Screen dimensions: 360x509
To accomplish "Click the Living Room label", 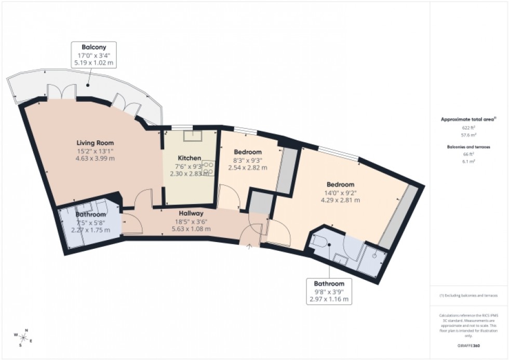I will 95,143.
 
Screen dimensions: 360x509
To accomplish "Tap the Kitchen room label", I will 190,158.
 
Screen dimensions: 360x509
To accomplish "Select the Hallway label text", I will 192,213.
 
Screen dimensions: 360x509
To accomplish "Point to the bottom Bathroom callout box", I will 329,291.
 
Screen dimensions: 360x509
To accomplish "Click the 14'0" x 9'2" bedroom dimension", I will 340,194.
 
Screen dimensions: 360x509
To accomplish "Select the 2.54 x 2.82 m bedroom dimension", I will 248,168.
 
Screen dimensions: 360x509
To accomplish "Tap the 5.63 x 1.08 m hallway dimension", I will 192,229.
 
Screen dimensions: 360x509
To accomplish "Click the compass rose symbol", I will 23,338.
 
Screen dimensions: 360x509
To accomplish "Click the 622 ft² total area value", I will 468,127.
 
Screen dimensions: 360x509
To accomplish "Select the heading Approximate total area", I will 468,119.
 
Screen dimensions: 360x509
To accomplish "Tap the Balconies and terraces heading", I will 468,146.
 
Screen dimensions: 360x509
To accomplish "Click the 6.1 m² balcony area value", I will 468,162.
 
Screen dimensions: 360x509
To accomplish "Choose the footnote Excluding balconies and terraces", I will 469,296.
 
